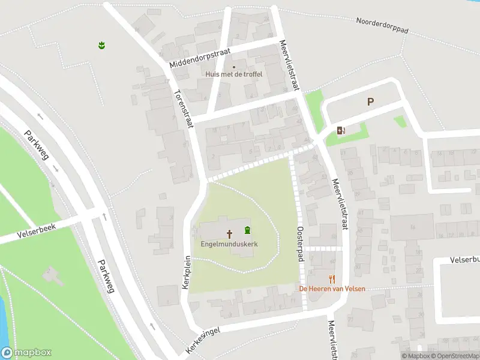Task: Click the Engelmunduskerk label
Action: pyautogui.click(x=229, y=245)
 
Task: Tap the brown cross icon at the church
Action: pyautogui.click(x=229, y=232)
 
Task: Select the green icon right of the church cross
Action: pyautogui.click(x=247, y=230)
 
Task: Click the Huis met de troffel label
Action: pyautogui.click(x=234, y=74)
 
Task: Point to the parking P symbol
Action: pyautogui.click(x=371, y=102)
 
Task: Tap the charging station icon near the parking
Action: pyautogui.click(x=341, y=130)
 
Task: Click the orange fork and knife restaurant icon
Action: pyautogui.click(x=332, y=278)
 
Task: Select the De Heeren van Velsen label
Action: pyautogui.click(x=332, y=289)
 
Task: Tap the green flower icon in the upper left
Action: pyautogui.click(x=102, y=44)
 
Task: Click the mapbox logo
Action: pyautogui.click(x=26, y=353)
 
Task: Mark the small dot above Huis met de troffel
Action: pyautogui.click(x=234, y=67)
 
